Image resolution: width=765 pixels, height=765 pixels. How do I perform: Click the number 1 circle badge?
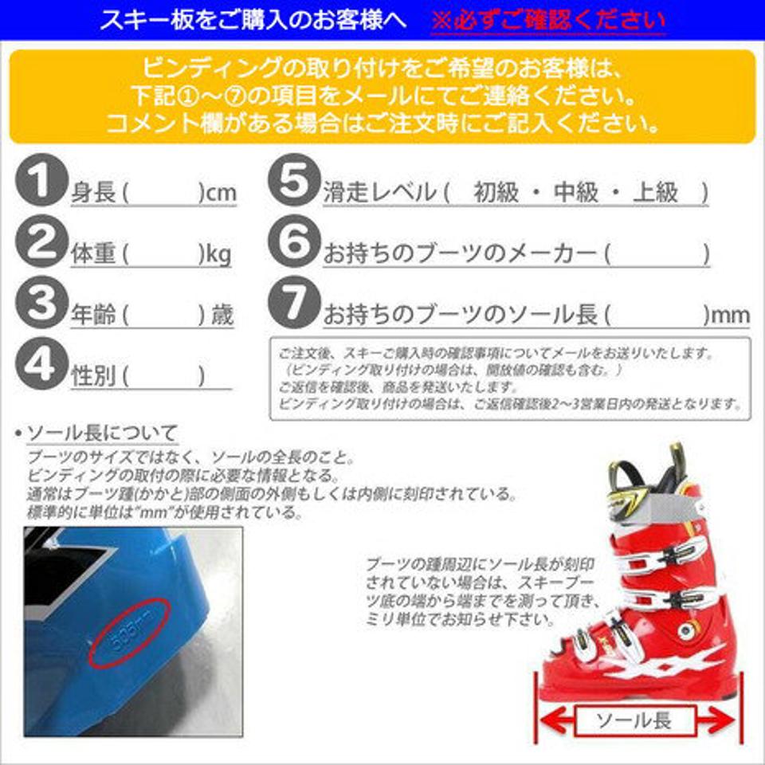point(41,182)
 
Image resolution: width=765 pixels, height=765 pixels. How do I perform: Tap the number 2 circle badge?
point(41,243)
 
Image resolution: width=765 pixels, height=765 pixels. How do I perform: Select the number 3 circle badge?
point(41,304)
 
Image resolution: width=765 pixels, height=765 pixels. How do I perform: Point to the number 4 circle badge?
point(41,365)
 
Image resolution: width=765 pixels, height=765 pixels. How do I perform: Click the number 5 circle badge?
point(294,182)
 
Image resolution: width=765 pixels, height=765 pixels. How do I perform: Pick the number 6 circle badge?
point(294,243)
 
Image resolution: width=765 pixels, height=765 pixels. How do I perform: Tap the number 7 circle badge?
point(294,304)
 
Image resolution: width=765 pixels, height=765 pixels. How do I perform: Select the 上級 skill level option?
point(655,192)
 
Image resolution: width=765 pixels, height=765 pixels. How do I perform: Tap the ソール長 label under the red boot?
point(634,722)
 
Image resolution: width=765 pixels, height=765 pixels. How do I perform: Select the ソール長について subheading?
point(102,434)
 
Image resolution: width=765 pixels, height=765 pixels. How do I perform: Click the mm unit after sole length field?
point(730,316)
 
